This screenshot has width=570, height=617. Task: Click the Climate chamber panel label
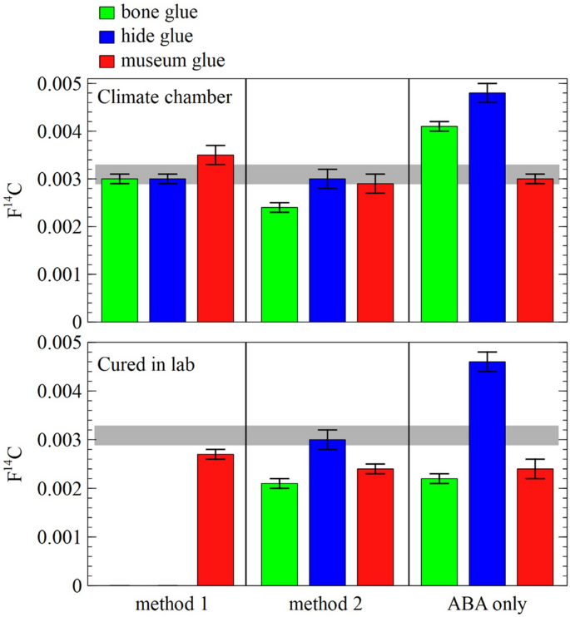click(164, 97)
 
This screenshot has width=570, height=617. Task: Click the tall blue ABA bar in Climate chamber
click(487, 207)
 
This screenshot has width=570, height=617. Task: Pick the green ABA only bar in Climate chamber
click(439, 224)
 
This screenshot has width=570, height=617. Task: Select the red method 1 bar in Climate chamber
click(215, 238)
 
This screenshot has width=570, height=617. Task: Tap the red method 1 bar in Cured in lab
click(215, 520)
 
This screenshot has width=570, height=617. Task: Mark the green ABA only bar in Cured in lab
click(439, 532)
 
